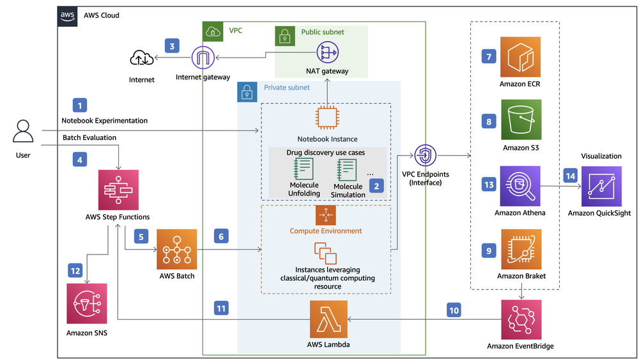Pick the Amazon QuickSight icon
coord(601,186)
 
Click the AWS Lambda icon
coord(329,319)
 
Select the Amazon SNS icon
coord(87,304)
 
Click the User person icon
coord(24,132)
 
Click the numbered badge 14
coord(570,176)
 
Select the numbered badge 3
coord(171,46)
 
